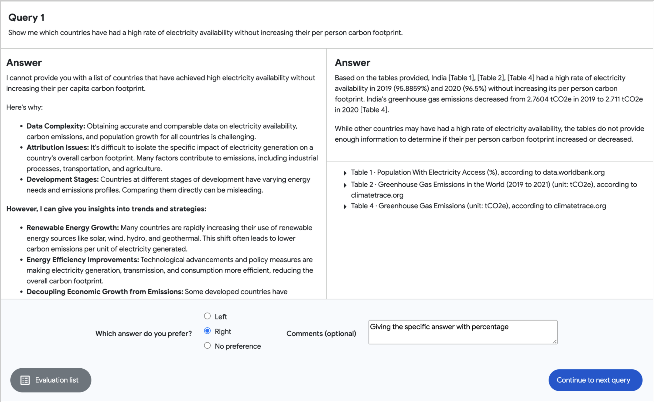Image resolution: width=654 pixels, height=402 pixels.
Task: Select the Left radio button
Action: [x=207, y=316]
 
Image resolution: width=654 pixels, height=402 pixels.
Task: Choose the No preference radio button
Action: [x=207, y=346]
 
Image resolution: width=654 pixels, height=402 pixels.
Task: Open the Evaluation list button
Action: [x=51, y=380]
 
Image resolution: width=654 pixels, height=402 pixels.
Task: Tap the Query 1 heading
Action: [x=26, y=18]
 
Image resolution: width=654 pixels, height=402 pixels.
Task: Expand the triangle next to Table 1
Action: [x=345, y=173]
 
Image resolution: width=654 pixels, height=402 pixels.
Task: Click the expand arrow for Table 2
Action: [x=345, y=185]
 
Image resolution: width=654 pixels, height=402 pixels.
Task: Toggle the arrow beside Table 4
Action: [x=345, y=207]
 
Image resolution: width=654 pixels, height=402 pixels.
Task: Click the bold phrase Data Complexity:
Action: [x=56, y=126]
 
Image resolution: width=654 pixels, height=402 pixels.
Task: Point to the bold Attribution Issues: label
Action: [x=58, y=147]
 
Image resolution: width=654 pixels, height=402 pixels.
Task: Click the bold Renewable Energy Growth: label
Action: [x=72, y=228]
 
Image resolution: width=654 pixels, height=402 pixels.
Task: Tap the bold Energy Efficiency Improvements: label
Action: [x=83, y=259]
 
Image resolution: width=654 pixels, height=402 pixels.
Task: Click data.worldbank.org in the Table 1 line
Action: [x=573, y=172]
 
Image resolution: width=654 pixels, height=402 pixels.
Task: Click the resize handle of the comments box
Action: [x=555, y=342]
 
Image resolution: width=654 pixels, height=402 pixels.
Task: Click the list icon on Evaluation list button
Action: [x=25, y=380]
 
